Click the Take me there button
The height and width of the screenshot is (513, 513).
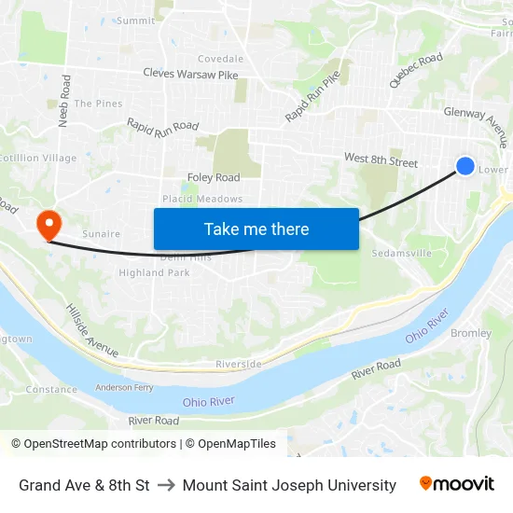point(256,229)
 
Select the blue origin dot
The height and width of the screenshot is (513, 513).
point(465,166)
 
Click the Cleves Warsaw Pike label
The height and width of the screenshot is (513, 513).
point(192,73)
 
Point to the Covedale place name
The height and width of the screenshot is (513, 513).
point(220,58)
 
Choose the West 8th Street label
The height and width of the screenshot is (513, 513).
point(381,160)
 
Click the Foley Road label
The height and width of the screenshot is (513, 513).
point(214,177)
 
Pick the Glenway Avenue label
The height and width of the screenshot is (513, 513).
point(477,126)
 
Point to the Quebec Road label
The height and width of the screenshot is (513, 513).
point(416,70)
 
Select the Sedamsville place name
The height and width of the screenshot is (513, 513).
point(402,253)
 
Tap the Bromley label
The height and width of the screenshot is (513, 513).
point(471,333)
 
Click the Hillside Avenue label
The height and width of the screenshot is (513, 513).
point(91,329)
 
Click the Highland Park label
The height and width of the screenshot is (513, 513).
point(154,272)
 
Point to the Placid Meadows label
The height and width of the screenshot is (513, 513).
point(202,199)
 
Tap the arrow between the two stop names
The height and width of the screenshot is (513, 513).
point(166,485)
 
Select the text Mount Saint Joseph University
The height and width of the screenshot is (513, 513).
point(289,485)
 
